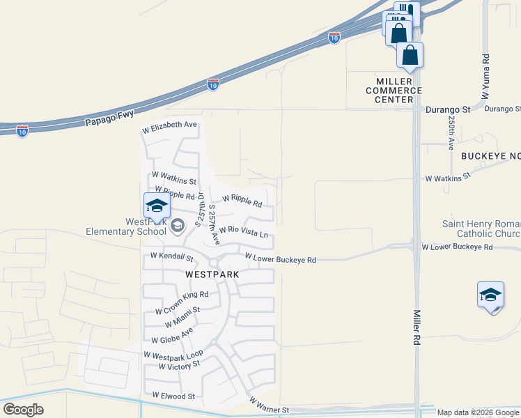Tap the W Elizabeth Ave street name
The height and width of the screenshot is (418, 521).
pyautogui.click(x=170, y=126)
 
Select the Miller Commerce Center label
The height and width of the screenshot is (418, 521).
pyautogui.click(x=394, y=91)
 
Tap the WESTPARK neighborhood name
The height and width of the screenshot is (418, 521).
pyautogui.click(x=212, y=274)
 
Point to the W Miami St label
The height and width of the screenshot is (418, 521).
pyautogui.click(x=182, y=317)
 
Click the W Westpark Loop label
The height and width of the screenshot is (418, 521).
pyautogui.click(x=173, y=355)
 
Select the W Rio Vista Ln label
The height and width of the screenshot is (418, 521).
pyautogui.click(x=243, y=231)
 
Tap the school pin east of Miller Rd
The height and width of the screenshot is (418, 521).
pyautogui.click(x=490, y=294)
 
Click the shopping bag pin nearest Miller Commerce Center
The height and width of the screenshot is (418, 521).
pyautogui.click(x=410, y=55)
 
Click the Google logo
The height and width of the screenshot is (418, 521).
pyautogui.click(x=23, y=410)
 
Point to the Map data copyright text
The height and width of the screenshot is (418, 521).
pyautogui.click(x=478, y=412)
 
